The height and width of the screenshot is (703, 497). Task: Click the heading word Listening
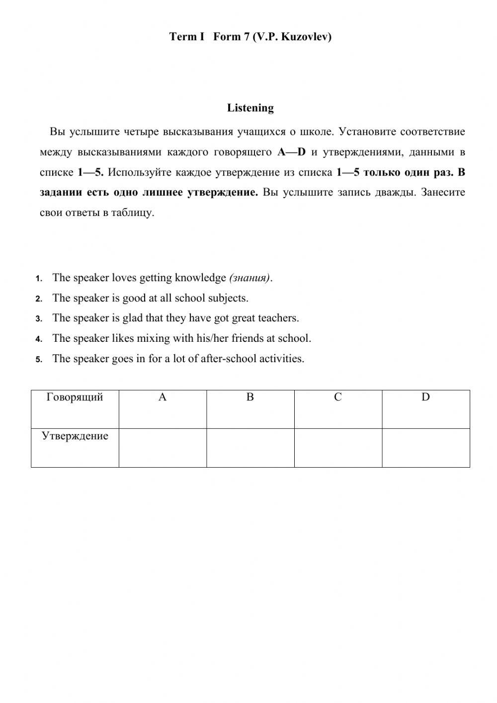point(250,108)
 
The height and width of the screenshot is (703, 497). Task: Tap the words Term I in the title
point(186,37)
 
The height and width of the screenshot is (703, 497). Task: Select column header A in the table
point(163,398)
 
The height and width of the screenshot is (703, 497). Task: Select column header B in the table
point(250,398)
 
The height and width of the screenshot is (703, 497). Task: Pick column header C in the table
point(338,398)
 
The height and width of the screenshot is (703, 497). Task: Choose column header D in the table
point(425,398)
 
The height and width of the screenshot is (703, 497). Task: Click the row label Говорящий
point(75,398)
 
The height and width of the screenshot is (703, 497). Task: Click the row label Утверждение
point(75,436)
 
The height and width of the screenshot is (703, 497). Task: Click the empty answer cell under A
point(163,448)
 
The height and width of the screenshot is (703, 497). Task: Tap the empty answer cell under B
point(250,448)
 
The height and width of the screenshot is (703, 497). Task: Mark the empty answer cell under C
point(338,448)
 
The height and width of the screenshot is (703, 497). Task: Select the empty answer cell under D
point(425,448)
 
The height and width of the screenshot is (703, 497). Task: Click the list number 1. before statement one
point(39,279)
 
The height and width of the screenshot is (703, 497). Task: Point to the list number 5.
point(39,359)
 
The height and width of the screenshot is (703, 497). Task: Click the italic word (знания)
point(249,278)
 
